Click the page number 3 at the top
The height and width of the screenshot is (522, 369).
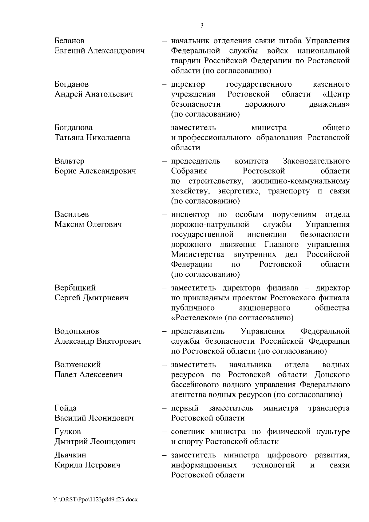click(x=202, y=26)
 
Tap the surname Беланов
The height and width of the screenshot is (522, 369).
click(x=69, y=41)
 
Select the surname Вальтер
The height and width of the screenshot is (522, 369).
click(x=69, y=161)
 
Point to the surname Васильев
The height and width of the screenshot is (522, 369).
click(x=72, y=214)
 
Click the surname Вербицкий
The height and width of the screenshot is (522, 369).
click(x=75, y=288)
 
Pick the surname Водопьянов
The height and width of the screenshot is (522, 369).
click(x=77, y=331)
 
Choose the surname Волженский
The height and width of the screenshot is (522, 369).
click(x=77, y=365)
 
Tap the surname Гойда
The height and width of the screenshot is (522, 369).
click(x=65, y=408)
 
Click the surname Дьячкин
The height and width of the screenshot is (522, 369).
click(x=70, y=455)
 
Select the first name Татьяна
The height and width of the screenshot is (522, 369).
click(x=69, y=137)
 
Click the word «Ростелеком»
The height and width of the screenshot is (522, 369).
click(x=197, y=318)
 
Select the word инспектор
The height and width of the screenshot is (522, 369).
click(x=190, y=214)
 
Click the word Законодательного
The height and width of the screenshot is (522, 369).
click(x=316, y=161)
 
